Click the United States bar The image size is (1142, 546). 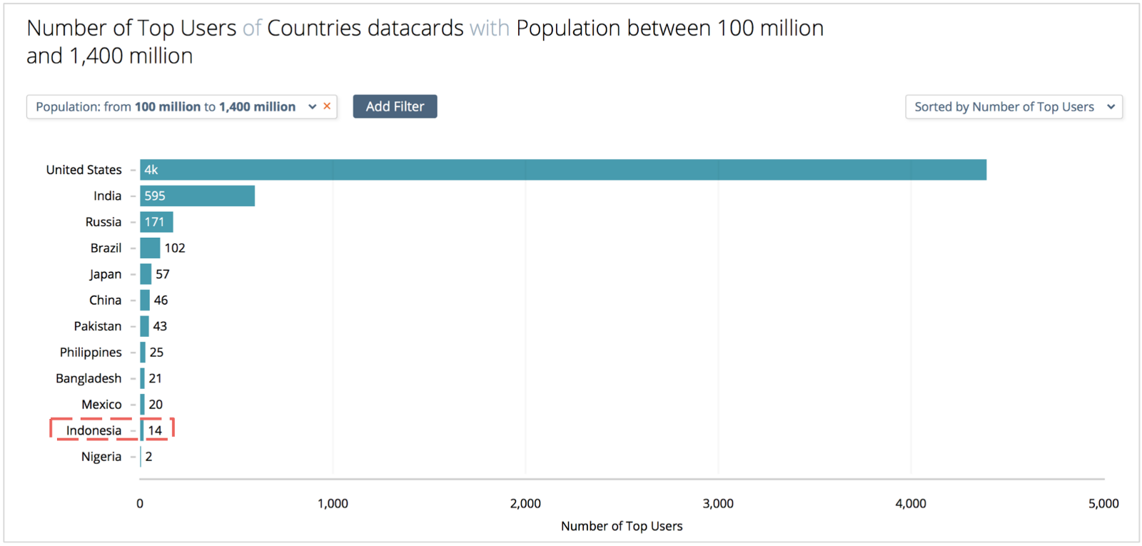(x=563, y=170)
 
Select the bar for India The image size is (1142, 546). (x=197, y=196)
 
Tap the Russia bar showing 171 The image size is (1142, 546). (x=156, y=222)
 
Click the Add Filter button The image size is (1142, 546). (x=395, y=106)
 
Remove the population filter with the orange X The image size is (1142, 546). (x=328, y=106)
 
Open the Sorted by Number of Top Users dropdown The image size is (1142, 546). (x=1014, y=106)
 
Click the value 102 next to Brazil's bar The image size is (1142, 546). (x=175, y=248)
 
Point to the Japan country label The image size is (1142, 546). (x=106, y=274)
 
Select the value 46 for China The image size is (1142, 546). (x=161, y=300)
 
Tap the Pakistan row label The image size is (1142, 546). (x=98, y=326)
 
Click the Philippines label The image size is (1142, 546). (x=91, y=353)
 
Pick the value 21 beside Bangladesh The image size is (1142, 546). (x=155, y=378)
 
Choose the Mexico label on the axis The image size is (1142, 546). (x=101, y=404)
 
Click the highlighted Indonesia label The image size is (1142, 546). (x=94, y=430)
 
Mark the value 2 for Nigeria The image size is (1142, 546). (x=149, y=456)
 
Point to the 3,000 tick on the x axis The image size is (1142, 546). (x=718, y=504)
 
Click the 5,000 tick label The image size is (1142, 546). (x=1103, y=504)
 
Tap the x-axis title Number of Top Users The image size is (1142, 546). (x=622, y=526)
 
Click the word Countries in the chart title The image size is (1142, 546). (x=314, y=28)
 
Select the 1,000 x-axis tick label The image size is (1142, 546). (x=333, y=504)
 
